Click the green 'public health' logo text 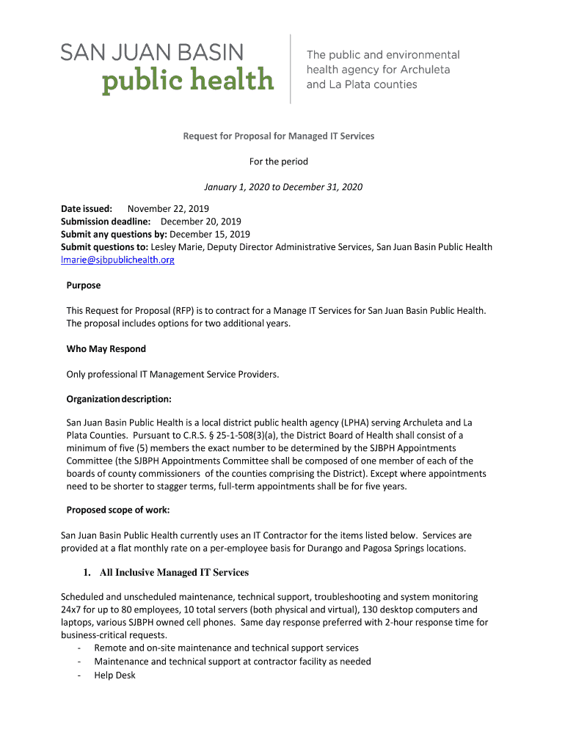(187, 80)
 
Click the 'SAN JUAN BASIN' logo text (151, 52)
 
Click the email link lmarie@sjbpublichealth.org (117, 260)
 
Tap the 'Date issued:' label (87, 209)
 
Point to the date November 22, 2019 (168, 209)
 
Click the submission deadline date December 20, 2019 (201, 221)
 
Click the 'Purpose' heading (84, 285)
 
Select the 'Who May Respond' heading (106, 349)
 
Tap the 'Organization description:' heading (119, 400)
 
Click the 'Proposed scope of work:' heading (118, 510)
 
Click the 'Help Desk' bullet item (115, 675)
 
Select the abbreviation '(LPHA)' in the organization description (354, 422)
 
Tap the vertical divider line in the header (291, 68)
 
